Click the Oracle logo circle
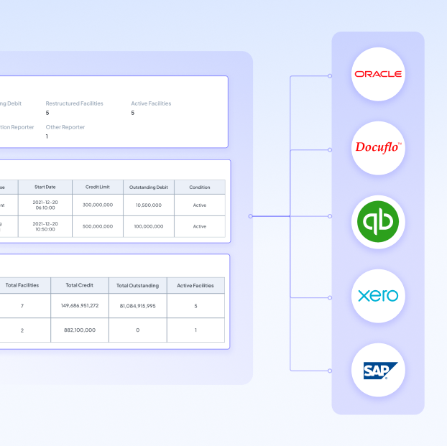378,74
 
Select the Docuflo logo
378,148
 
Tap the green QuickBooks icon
378,221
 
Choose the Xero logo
378,295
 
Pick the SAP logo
378,370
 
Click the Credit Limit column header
98,187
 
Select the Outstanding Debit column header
148,187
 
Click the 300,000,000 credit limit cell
98,205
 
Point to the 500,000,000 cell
98,226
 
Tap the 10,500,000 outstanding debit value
148,205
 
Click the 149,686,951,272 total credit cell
79,305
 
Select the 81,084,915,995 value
137,305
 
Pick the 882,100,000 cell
79,330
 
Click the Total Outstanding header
137,285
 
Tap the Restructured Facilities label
74,103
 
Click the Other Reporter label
65,127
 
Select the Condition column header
199,187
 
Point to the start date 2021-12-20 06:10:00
45,205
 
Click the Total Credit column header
79,285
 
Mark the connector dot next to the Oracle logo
330,75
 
